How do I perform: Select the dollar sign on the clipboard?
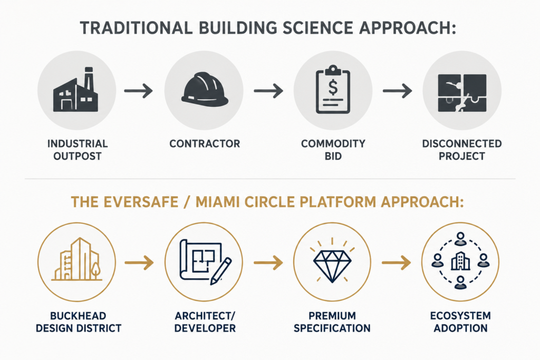pyautogui.click(x=333, y=87)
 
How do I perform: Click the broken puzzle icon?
pyautogui.click(x=462, y=93)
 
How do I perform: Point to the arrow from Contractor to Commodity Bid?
pyautogui.click(x=268, y=91)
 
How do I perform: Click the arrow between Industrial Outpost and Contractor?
pyautogui.click(x=139, y=91)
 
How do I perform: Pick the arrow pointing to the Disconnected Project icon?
pyautogui.click(x=398, y=91)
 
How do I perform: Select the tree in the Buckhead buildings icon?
pyautogui.click(x=95, y=268)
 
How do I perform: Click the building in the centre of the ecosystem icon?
pyautogui.click(x=460, y=261)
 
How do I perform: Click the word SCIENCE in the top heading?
pyautogui.click(x=317, y=28)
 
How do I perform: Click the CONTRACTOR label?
pyautogui.click(x=205, y=143)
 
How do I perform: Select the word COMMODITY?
pyautogui.click(x=333, y=143)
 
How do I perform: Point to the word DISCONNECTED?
pyautogui.click(x=462, y=143)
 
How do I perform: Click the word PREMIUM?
pyautogui.click(x=332, y=316)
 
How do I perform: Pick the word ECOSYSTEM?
pyautogui.click(x=460, y=316)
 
